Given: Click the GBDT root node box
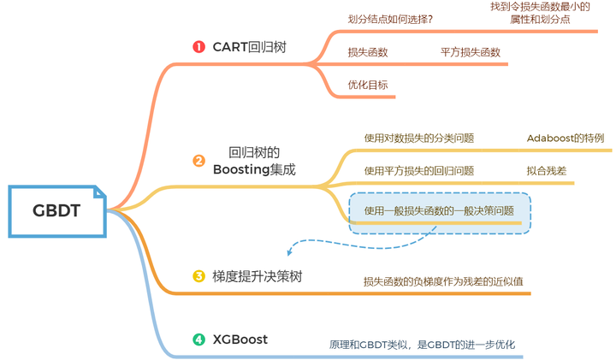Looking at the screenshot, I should (56, 210).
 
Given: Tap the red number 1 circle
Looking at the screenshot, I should (198, 47).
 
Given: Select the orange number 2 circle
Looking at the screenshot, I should (198, 161).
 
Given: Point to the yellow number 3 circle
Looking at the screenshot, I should (198, 276).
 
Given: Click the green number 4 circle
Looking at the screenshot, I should (198, 339).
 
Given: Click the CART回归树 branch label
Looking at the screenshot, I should (249, 47).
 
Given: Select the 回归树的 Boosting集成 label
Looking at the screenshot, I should (254, 161).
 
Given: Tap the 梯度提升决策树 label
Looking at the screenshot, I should (257, 276).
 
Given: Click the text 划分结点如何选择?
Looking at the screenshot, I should (389, 19).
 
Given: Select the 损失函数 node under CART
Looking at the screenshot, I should (368, 52).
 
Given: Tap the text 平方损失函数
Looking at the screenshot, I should (470, 52).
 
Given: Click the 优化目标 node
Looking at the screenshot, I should (368, 85).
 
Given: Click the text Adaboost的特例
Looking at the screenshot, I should (565, 138).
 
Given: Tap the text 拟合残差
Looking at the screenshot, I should (547, 170).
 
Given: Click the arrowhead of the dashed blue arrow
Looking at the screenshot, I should (289, 253).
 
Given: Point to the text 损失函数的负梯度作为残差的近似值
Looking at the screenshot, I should (443, 280).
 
